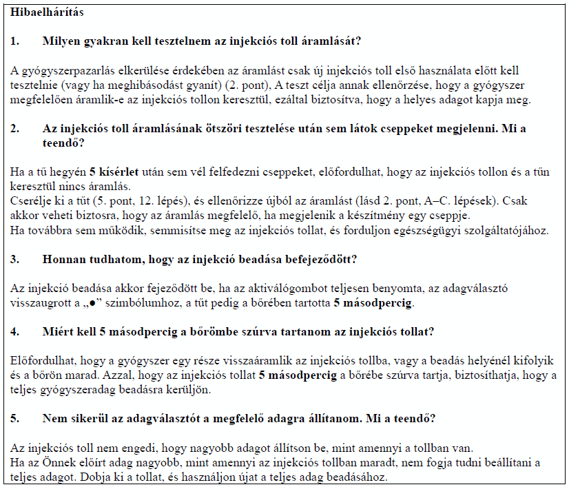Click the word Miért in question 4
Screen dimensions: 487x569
pyautogui.click(x=56, y=331)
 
